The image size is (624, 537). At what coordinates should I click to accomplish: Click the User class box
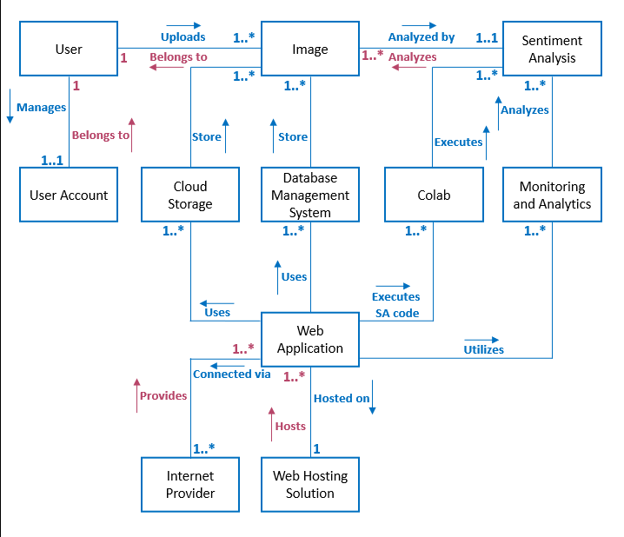pyautogui.click(x=69, y=50)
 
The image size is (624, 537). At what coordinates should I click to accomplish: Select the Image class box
pyautogui.click(x=310, y=50)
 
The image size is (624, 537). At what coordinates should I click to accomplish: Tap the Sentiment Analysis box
pyautogui.click(x=552, y=50)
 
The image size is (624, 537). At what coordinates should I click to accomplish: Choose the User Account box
pyautogui.click(x=69, y=196)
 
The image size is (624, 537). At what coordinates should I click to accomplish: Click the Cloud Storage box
pyautogui.click(x=189, y=196)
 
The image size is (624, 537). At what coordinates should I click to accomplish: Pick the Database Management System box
pyautogui.click(x=310, y=196)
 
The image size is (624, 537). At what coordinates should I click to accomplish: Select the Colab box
pyautogui.click(x=433, y=196)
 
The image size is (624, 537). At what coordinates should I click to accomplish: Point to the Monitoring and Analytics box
pyautogui.click(x=552, y=196)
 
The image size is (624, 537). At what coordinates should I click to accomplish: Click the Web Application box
pyautogui.click(x=310, y=340)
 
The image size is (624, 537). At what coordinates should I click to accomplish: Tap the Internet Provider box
pyautogui.click(x=189, y=485)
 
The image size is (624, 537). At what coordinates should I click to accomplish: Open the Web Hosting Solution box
pyautogui.click(x=310, y=485)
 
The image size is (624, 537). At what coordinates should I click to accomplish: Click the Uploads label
pyautogui.click(x=183, y=37)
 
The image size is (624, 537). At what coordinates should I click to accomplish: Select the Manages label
pyautogui.click(x=42, y=108)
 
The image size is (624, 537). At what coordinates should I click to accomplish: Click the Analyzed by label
pyautogui.click(x=421, y=37)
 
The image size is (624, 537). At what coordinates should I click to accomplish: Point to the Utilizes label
pyautogui.click(x=483, y=350)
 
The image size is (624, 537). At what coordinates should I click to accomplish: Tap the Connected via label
pyautogui.click(x=232, y=375)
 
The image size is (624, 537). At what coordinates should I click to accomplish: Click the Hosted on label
pyautogui.click(x=342, y=399)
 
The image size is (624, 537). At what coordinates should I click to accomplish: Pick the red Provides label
pyautogui.click(x=163, y=396)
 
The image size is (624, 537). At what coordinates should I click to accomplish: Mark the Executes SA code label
pyautogui.click(x=395, y=305)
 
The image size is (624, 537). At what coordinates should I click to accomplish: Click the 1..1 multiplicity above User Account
pyautogui.click(x=52, y=161)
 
